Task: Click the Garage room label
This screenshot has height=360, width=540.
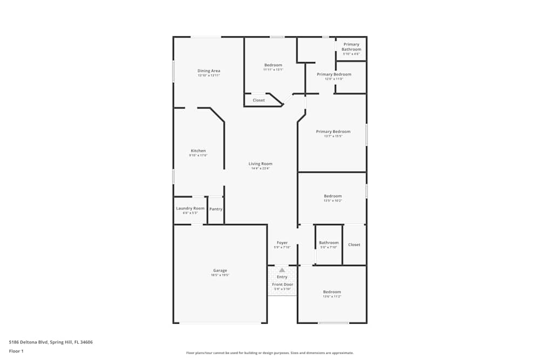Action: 220,270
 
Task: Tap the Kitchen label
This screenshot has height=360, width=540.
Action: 198,151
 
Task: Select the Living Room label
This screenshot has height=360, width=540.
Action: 260,164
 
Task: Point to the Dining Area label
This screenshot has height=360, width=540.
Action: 208,71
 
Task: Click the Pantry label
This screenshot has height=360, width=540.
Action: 215,209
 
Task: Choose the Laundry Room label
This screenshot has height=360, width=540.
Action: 190,208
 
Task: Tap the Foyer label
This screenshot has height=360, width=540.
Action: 282,243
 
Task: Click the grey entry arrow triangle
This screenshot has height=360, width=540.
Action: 282,270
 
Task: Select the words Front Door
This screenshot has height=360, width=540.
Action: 282,284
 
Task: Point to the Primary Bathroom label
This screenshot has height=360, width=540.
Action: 351,47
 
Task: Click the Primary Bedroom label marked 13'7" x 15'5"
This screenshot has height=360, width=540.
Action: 333,132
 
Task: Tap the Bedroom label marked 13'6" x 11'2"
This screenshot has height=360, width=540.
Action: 332,292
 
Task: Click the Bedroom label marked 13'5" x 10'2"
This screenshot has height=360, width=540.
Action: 333,196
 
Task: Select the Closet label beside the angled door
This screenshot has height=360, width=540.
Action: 259,100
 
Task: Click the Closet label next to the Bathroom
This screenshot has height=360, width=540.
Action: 354,244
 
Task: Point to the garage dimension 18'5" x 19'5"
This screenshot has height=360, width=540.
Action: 220,275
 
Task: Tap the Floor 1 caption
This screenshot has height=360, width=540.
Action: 16,351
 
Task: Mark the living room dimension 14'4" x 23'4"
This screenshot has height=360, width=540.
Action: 260,168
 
